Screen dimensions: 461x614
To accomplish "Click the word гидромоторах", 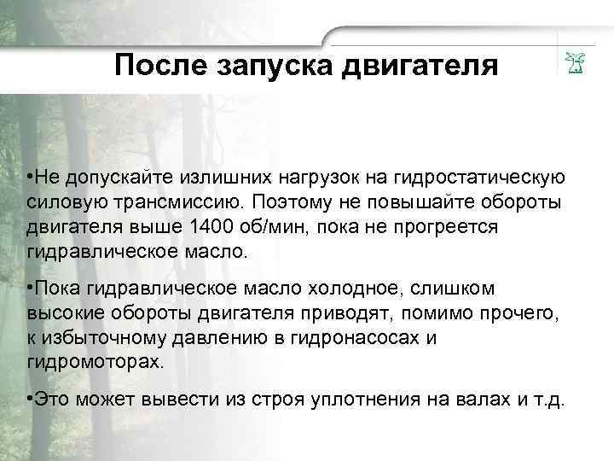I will (x=93, y=361).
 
